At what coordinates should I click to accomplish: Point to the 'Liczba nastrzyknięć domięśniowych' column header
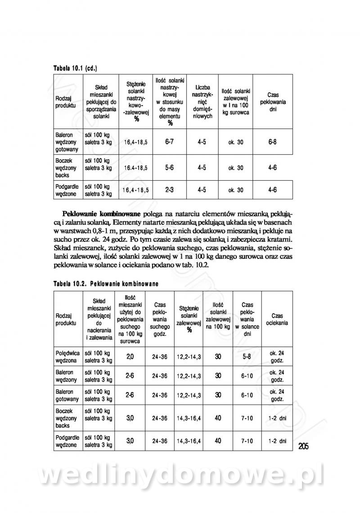point(202,102)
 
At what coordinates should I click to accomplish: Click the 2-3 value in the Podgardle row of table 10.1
point(170,190)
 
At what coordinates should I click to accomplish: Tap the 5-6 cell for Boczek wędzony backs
point(170,167)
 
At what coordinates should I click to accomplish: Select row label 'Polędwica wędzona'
point(67,357)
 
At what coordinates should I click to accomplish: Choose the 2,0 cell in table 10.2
point(130,357)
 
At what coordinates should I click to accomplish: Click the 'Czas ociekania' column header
point(277,319)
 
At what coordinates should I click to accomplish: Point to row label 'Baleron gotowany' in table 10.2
point(67,395)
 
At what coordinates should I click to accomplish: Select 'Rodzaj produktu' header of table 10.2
point(67,319)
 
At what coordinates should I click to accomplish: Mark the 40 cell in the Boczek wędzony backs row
point(218,418)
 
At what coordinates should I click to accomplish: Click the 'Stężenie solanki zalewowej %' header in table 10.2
point(189,319)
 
